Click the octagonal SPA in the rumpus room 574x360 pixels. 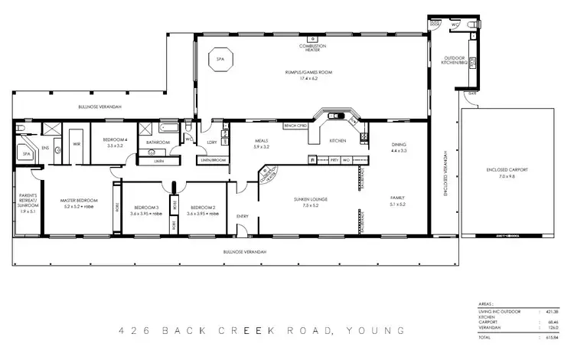220,60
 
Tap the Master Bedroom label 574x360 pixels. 77,203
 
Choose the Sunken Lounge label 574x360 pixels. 310,201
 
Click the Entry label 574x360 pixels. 243,216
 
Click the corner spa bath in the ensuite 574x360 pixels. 27,153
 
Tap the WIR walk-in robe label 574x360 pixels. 77,143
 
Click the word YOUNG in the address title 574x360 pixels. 373,331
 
